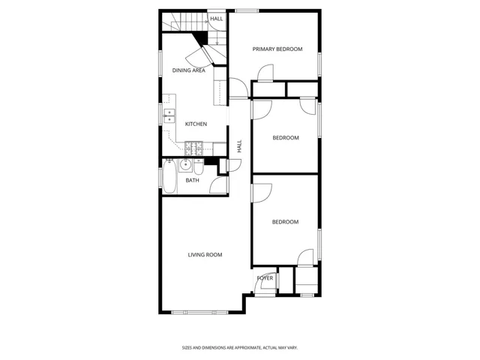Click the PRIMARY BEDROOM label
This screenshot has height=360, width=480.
pyautogui.click(x=277, y=49)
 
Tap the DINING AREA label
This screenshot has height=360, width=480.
pyautogui.click(x=188, y=70)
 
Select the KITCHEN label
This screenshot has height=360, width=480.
pyautogui.click(x=196, y=124)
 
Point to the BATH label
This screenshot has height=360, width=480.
pyautogui.click(x=192, y=180)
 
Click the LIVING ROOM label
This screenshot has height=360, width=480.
pyautogui.click(x=205, y=255)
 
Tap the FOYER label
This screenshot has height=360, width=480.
pyautogui.click(x=265, y=278)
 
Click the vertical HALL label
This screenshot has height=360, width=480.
pyautogui.click(x=239, y=146)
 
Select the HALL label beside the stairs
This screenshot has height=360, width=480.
pyautogui.click(x=217, y=19)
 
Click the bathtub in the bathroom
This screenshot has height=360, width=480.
pyautogui.click(x=169, y=177)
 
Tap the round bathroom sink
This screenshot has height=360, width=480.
pyautogui.click(x=185, y=165)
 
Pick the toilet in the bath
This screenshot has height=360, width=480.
pyautogui.click(x=198, y=166)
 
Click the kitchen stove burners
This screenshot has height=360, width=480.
pyautogui.click(x=193, y=148)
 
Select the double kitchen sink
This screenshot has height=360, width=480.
pyautogui.click(x=169, y=115)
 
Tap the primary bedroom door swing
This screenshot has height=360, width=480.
pyautogui.click(x=265, y=73)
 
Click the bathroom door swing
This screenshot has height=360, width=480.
pyautogui.click(x=218, y=185)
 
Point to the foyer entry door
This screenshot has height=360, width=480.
pyautogui.click(x=262, y=284)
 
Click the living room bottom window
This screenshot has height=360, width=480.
pyautogui.click(x=199, y=313)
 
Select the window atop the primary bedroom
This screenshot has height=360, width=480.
pyautogui.click(x=247, y=11)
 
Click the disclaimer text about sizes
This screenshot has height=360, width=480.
pyautogui.click(x=240, y=348)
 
